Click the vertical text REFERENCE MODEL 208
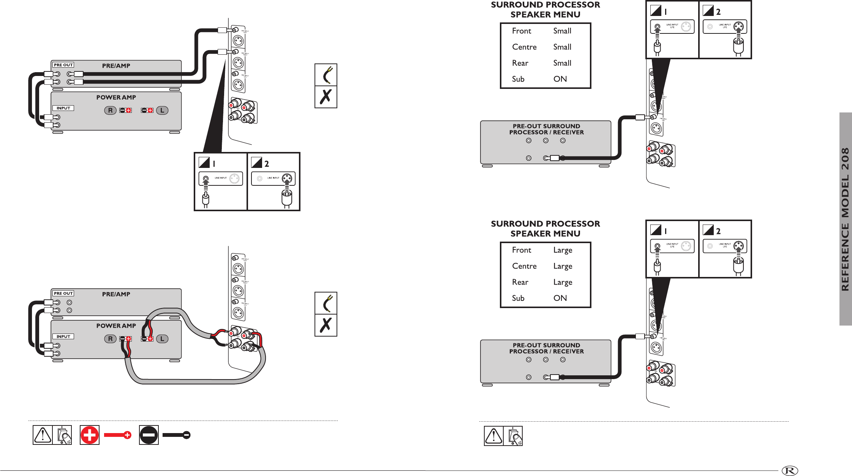[x=845, y=219]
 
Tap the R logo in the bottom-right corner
[x=790, y=471]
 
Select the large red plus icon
[x=90, y=435]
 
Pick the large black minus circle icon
[x=149, y=435]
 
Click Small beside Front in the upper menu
[x=562, y=31]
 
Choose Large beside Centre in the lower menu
[x=563, y=266]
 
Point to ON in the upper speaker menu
[x=560, y=79]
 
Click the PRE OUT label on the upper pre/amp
[x=63, y=65]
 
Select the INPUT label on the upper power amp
[x=63, y=108]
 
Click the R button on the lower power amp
[x=110, y=339]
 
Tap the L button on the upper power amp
[x=162, y=111]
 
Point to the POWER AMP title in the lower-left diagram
[x=116, y=326]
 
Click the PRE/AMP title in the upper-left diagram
[x=116, y=66]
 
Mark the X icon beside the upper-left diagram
[x=326, y=97]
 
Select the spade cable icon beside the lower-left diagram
[x=326, y=303]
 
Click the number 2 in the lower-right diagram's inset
[x=718, y=231]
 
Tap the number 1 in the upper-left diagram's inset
[x=214, y=164]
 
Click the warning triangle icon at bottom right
[x=493, y=436]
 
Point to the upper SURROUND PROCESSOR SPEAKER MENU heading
[x=545, y=10]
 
